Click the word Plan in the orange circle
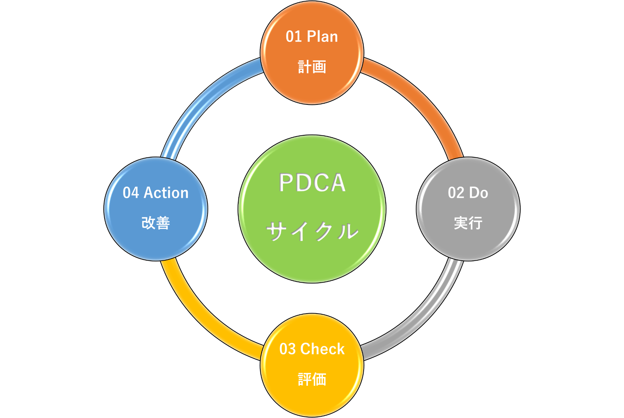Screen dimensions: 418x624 (322, 37)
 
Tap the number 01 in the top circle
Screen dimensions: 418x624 (294, 37)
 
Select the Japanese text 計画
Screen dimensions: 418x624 (312, 67)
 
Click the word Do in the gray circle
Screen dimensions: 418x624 (479, 193)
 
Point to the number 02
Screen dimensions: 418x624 (456, 193)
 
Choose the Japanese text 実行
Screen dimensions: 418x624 (468, 223)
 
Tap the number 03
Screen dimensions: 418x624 (287, 349)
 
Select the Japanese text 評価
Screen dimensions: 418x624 (312, 379)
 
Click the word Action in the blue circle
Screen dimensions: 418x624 (166, 193)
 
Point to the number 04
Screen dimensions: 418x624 (131, 193)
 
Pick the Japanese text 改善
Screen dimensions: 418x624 (156, 223)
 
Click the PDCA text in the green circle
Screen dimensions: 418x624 (312, 183)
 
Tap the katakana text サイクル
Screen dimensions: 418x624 (312, 231)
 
